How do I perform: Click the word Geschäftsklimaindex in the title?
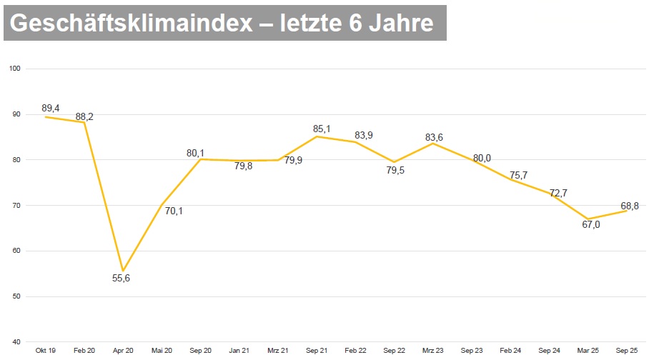[x=133, y=24]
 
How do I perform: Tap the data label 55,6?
[x=122, y=279]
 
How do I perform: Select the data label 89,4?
[x=51, y=108]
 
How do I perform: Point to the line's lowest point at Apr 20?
[x=124, y=271]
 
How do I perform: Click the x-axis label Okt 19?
[x=46, y=351]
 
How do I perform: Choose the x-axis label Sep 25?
[x=627, y=351]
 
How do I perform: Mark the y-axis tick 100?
[x=14, y=69]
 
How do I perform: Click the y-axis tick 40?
[x=16, y=341]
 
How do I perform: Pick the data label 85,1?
[x=322, y=129]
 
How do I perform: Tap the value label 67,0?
[x=590, y=224]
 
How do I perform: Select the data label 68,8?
[x=629, y=206]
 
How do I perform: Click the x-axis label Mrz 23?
[x=433, y=351]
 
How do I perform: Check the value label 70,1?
[x=174, y=211]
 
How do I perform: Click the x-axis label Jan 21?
[x=239, y=351]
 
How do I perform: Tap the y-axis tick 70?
[x=16, y=205]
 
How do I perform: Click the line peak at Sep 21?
[x=317, y=136]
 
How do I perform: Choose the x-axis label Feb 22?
[x=355, y=351]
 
